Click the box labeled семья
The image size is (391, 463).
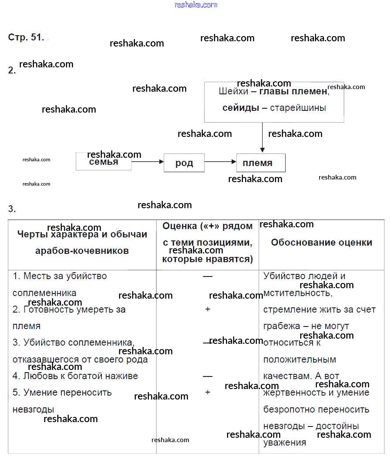(104, 162)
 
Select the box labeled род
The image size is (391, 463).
(184, 163)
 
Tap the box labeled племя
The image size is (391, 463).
(260, 163)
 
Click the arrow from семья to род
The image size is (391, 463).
(147, 162)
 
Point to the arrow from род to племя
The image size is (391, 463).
(220, 162)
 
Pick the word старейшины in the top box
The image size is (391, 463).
(298, 108)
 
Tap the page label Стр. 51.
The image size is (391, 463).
(26, 37)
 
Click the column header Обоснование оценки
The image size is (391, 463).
(321, 243)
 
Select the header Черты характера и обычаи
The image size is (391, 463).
(82, 234)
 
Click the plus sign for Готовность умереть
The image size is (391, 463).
(208, 309)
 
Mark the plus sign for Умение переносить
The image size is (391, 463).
(208, 392)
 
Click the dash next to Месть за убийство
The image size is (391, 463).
(208, 276)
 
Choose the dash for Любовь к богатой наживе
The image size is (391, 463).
(208, 376)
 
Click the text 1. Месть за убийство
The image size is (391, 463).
(60, 276)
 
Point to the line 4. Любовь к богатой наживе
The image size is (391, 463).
(75, 376)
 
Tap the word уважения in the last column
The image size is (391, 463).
(285, 443)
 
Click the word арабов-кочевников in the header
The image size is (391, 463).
(82, 251)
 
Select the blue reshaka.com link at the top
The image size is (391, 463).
(195, 5)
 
